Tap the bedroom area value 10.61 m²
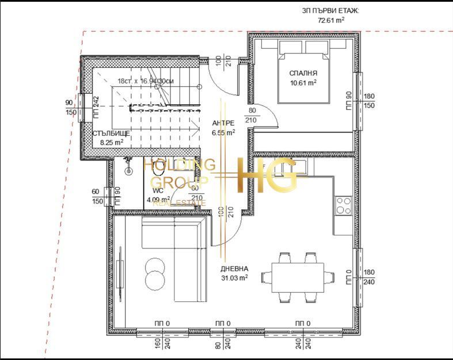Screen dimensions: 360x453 [303, 83]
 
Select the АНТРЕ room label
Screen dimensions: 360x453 [223, 123]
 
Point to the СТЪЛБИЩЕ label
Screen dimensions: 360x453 [111, 133]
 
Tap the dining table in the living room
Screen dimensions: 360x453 [297, 277]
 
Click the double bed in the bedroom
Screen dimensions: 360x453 [303, 71]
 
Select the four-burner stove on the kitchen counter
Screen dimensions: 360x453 [344, 206]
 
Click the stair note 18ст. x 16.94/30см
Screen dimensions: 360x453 [145, 82]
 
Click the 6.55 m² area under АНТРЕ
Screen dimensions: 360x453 [223, 132]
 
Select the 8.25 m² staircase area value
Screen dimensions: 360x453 [111, 142]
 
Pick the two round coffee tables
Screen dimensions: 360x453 [154, 273]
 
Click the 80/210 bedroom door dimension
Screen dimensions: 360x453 [252, 115]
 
